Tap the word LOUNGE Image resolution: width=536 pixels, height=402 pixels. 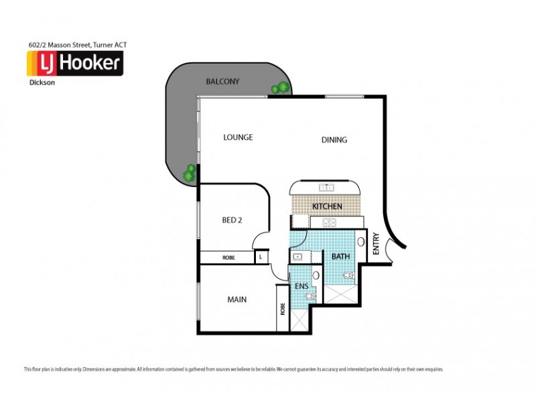[238, 137]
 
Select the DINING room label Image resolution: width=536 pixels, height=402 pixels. [334, 140]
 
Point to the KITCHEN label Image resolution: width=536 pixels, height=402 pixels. [327, 206]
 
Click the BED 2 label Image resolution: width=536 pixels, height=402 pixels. [232, 220]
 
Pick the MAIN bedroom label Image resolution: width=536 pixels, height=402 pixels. [237, 299]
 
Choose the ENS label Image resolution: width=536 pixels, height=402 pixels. [301, 286]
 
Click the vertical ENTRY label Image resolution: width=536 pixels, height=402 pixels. [376, 244]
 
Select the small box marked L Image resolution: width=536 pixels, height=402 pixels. [261, 257]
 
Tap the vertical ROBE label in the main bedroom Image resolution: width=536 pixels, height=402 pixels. [283, 308]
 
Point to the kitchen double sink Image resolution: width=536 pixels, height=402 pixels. [326, 187]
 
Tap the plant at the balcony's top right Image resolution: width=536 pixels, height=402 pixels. [280, 88]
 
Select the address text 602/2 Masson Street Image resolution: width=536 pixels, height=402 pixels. [74, 45]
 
